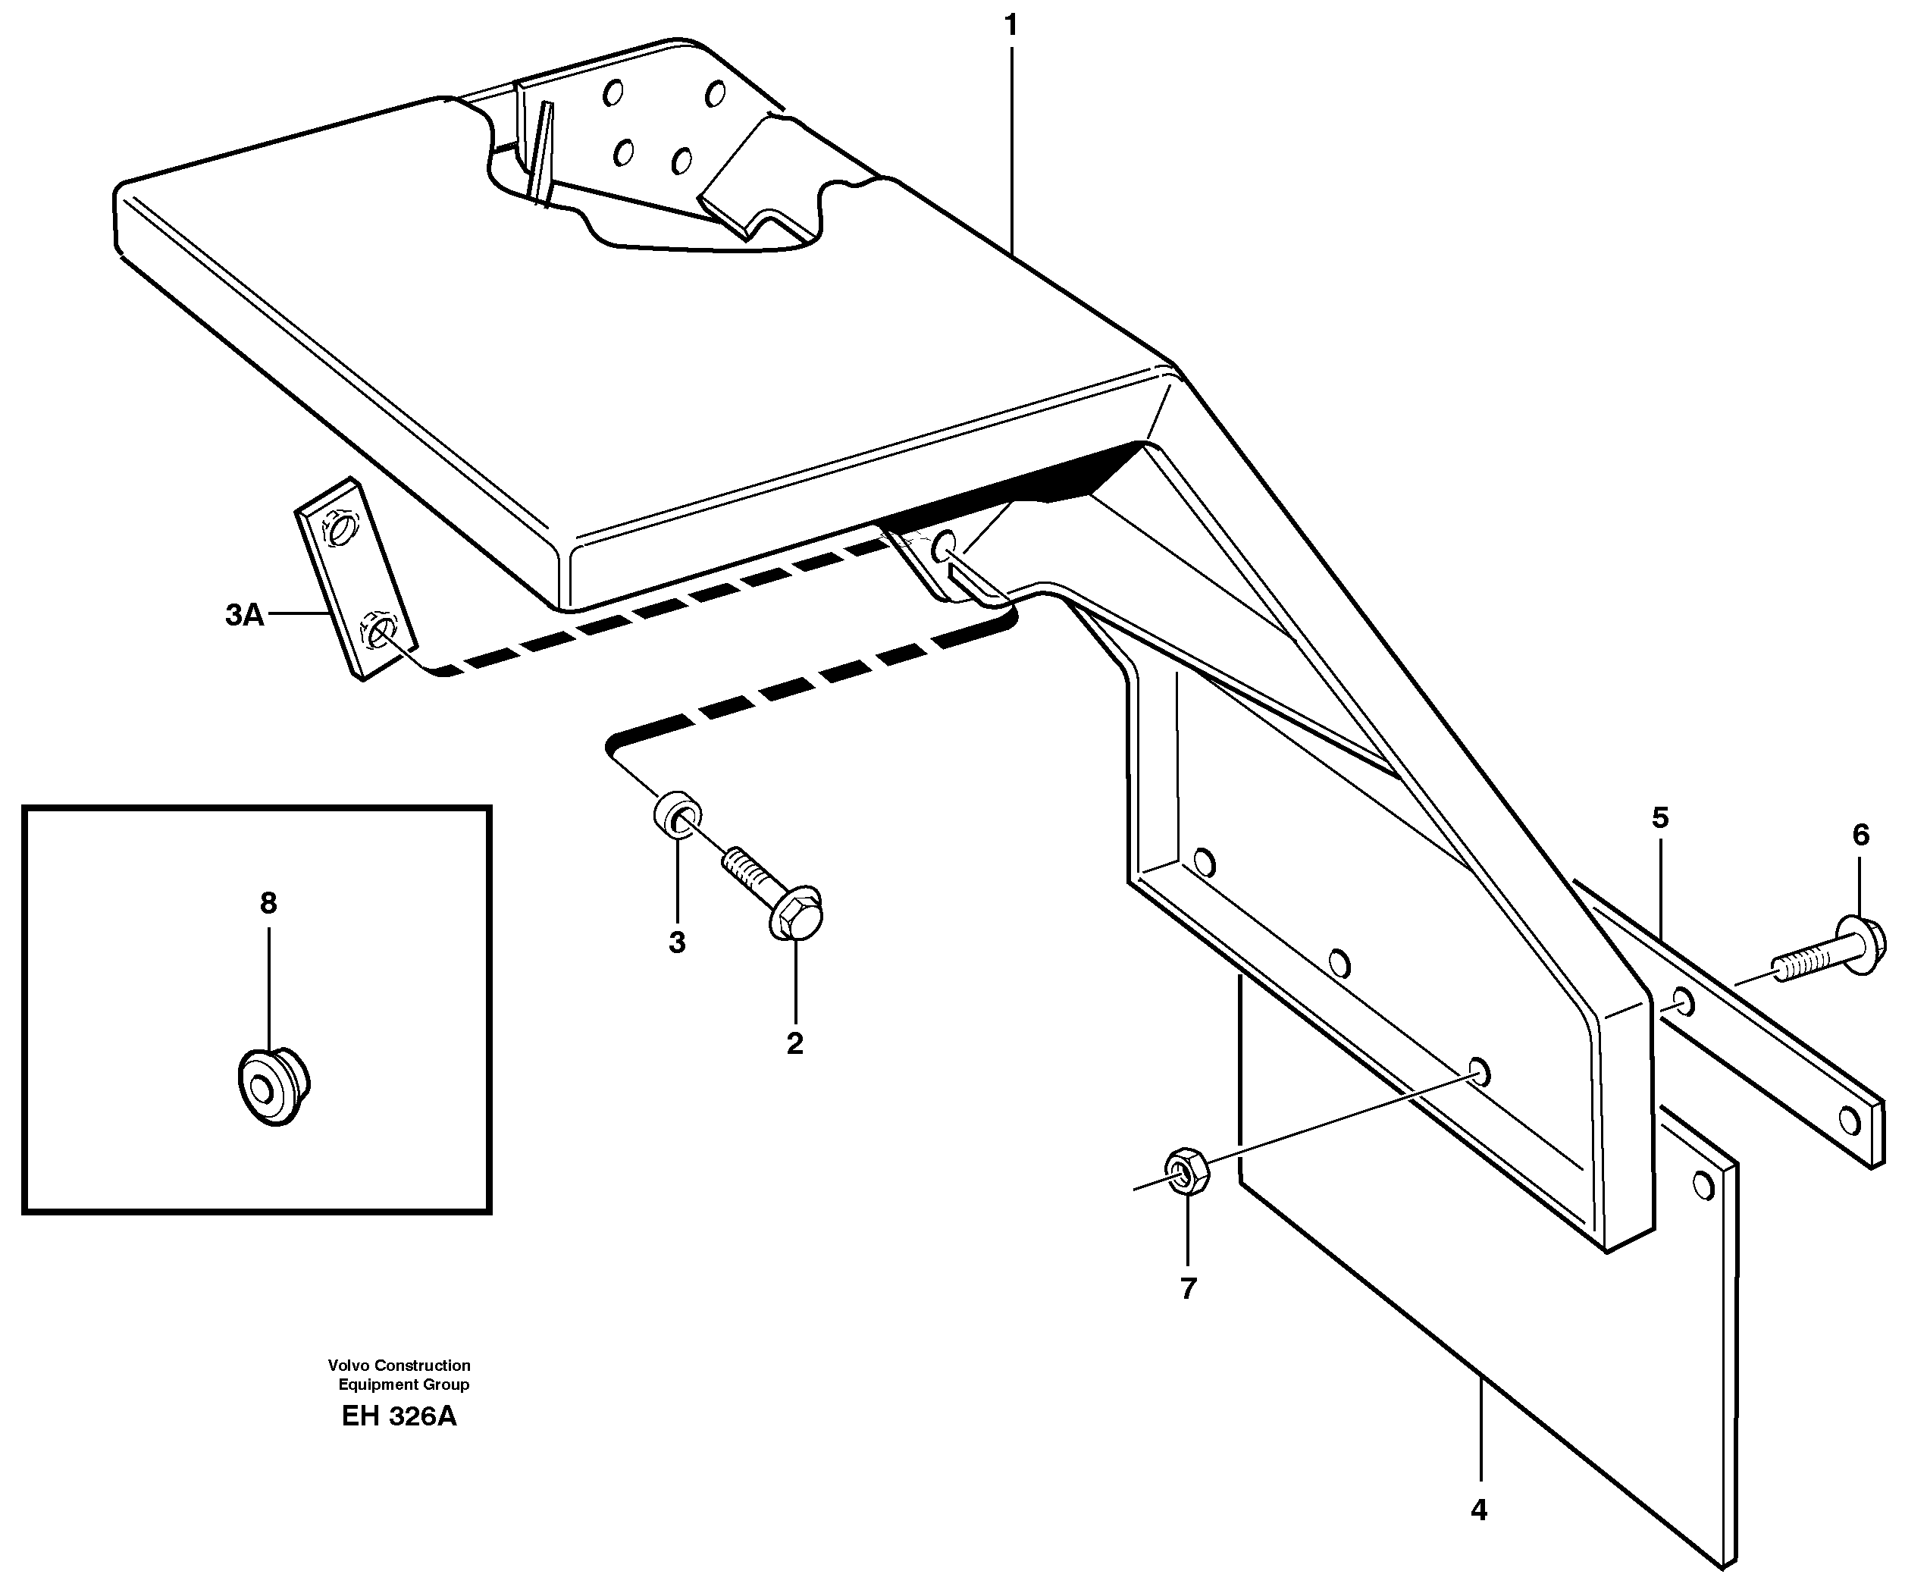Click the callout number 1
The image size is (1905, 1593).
[1010, 27]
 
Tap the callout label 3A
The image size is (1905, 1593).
[244, 615]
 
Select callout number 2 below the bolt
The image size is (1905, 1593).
[794, 1043]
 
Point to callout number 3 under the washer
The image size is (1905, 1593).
[677, 942]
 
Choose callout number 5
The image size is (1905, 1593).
[1659, 818]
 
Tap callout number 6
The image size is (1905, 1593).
[1860, 835]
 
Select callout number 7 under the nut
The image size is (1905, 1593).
[1189, 1288]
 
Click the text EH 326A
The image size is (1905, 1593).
[399, 1416]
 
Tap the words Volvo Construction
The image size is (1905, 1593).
[399, 1366]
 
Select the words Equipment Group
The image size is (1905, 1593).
[404, 1384]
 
